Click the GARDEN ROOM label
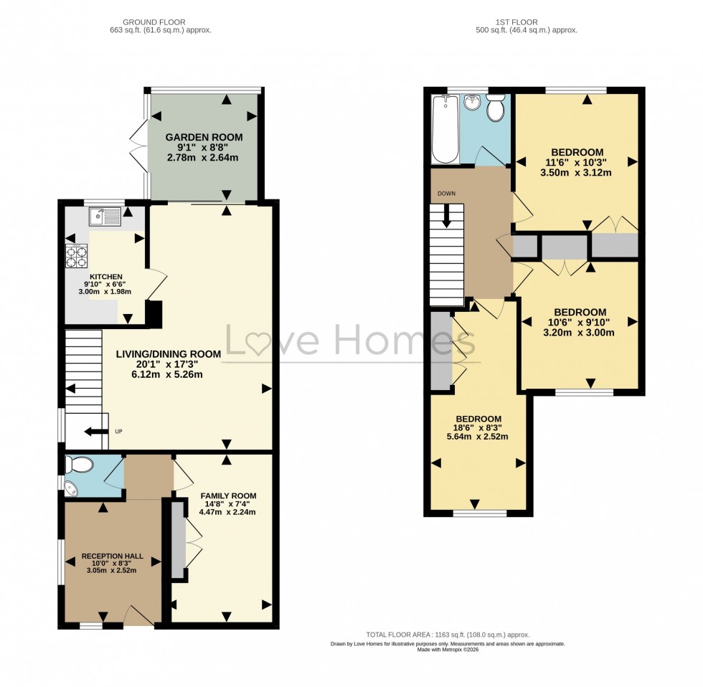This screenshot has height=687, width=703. (x=204, y=137)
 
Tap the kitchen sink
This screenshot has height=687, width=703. (x=105, y=216)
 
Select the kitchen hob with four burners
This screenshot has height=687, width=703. (x=76, y=256)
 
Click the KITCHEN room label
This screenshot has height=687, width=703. (x=105, y=277)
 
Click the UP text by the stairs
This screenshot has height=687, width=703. (x=119, y=432)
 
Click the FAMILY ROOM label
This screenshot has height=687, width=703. (x=228, y=496)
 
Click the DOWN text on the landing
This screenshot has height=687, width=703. (x=446, y=194)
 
